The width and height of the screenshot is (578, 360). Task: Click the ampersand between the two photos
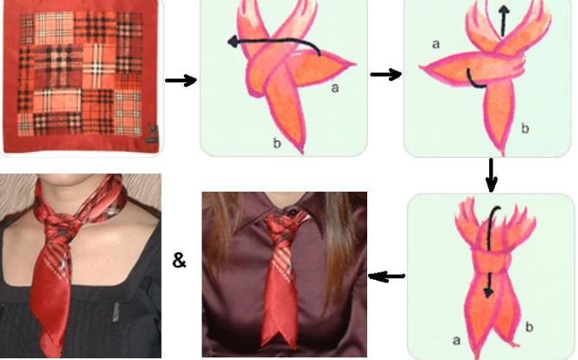179,260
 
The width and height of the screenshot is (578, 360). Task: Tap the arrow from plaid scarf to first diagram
181,80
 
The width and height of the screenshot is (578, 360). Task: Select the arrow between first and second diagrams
385,74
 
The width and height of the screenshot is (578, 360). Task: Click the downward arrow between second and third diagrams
492,175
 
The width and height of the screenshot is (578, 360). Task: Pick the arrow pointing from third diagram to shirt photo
386,275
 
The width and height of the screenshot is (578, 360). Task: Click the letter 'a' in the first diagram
334,88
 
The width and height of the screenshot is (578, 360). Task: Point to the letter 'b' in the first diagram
276,142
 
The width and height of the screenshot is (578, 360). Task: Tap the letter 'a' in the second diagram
435,44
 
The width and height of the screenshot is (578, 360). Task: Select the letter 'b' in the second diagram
525,128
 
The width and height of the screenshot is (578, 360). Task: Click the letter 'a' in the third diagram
456,340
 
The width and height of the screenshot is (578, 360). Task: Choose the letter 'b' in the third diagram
529,326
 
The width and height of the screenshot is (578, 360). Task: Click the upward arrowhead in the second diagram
504,10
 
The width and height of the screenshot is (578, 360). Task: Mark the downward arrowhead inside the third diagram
488,292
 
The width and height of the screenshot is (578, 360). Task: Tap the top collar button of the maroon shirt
292,212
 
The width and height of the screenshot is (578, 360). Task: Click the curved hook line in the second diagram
473,80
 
